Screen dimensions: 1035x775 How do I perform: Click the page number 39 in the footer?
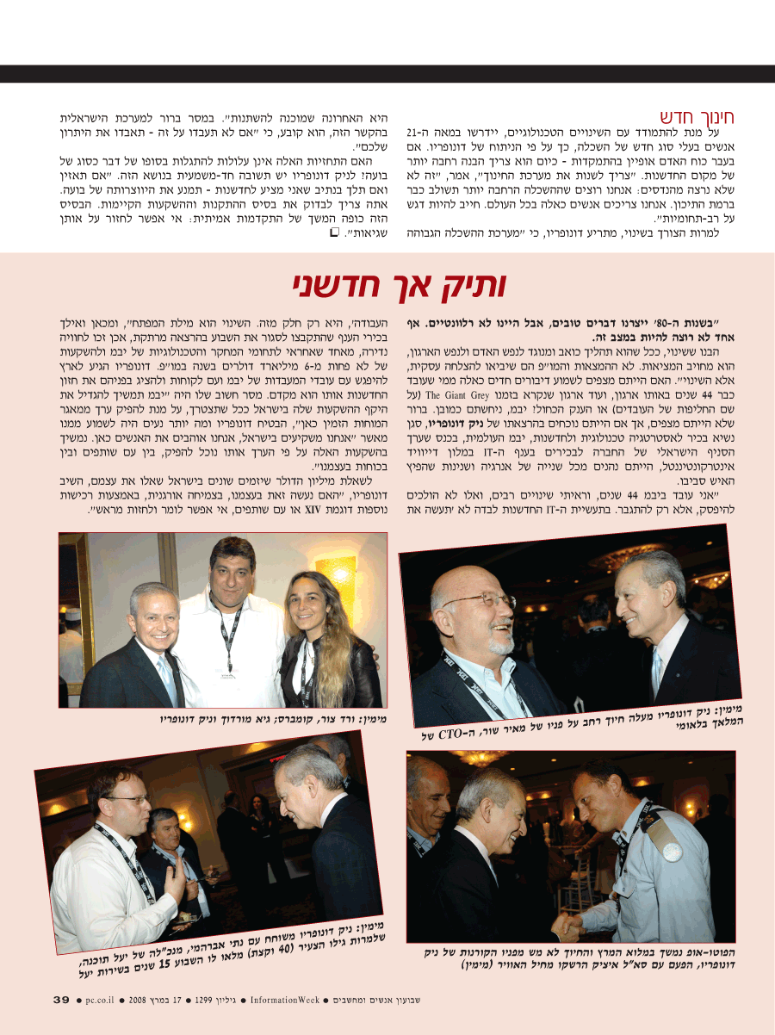pos(61,1000)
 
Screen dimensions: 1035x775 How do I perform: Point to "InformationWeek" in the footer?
pos(287,1000)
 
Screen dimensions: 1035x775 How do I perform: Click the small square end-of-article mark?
pos(334,232)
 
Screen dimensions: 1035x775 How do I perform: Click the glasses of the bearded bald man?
pos(482,602)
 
